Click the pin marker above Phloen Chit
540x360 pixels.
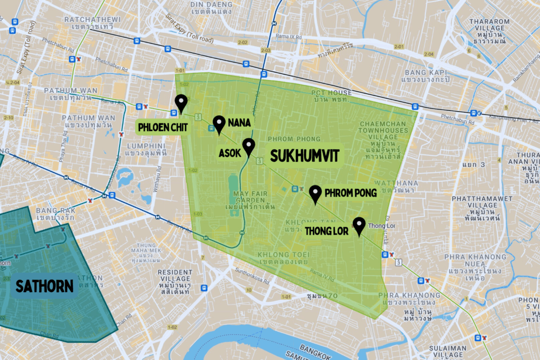pos(181,103)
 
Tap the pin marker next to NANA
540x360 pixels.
pos(219,124)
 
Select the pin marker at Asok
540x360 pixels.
pos(248,147)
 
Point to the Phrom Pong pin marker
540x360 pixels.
pos(315,193)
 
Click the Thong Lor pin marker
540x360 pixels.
pos(359,226)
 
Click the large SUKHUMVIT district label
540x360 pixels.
pos(304,155)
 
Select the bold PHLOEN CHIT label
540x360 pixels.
pos(162,127)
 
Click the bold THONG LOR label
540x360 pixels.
pos(328,230)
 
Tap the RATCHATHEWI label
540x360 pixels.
pos(92,20)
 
